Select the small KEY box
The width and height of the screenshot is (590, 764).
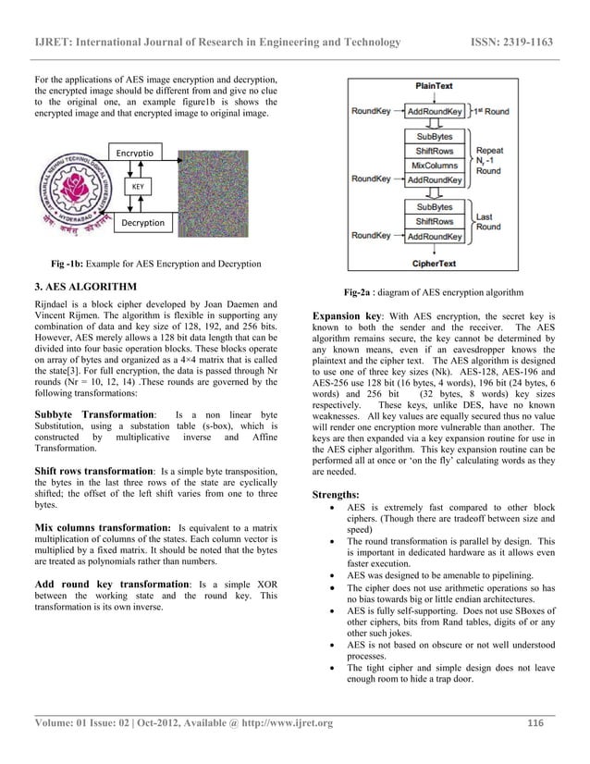[137, 186]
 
